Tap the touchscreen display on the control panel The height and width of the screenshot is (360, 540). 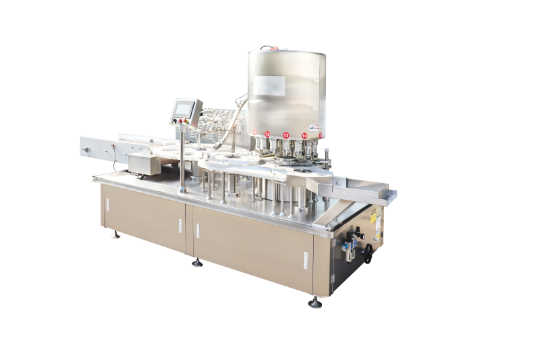[x=187, y=108]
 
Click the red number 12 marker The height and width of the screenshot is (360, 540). [x=267, y=134]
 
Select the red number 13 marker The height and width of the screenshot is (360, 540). [x=286, y=136]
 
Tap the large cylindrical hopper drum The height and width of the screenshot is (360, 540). [x=288, y=88]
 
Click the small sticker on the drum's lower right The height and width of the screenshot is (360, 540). [x=314, y=126]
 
